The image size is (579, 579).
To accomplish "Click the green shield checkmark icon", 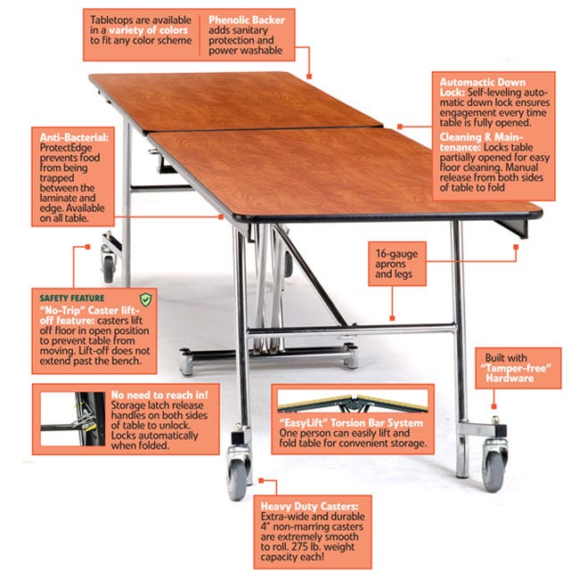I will click(145, 298).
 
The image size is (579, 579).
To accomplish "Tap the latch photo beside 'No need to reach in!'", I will click(68, 414).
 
